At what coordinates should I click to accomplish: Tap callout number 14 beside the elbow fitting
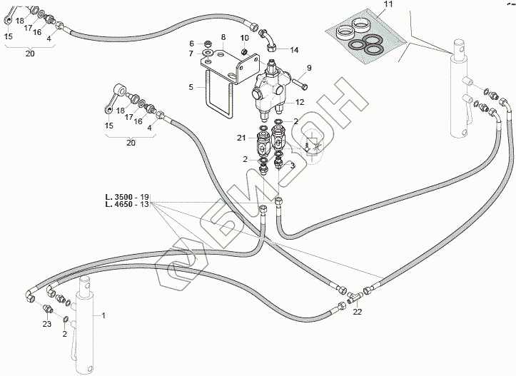[x=294, y=49]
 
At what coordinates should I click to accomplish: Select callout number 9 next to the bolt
[x=310, y=68]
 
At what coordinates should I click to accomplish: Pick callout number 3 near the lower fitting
[x=293, y=166]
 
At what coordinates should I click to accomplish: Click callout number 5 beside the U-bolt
[x=191, y=87]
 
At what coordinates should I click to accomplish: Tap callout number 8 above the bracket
[x=223, y=36]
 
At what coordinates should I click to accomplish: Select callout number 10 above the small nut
[x=244, y=37]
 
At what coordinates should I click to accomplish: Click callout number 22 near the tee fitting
[x=358, y=310]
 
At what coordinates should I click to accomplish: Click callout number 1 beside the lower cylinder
[x=103, y=315]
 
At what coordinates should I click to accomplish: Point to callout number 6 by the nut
[x=191, y=43]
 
